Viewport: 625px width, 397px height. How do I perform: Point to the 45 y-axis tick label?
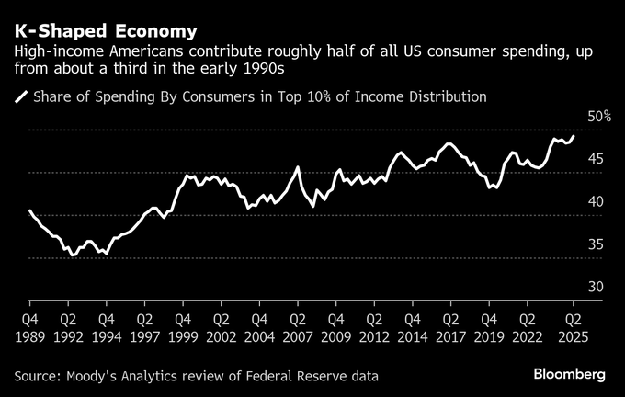[596, 159]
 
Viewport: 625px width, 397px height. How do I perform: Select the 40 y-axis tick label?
[596, 202]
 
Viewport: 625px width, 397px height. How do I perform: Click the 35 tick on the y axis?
[596, 244]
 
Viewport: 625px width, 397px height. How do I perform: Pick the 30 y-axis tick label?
[596, 288]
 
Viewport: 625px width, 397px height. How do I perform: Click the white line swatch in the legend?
[20, 96]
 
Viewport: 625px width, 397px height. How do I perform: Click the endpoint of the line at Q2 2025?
[574, 136]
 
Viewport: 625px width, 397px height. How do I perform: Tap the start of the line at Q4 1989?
[30, 211]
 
